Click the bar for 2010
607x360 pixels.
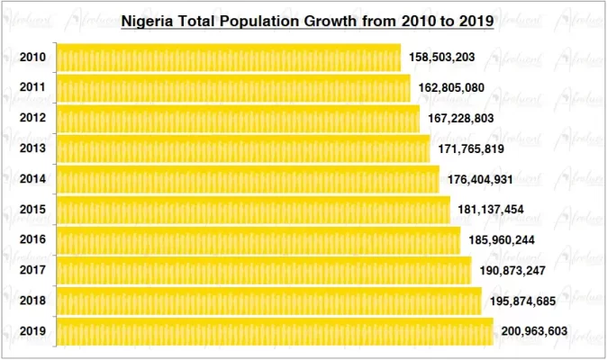[229, 58]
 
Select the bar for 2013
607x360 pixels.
[243, 148]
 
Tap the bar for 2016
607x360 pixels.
[258, 240]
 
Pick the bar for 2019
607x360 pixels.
[275, 331]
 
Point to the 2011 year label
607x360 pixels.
[33, 88]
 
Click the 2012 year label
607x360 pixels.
[33, 119]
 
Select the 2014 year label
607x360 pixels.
[33, 179]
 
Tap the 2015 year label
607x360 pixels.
[33, 210]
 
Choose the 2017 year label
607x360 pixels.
[33, 271]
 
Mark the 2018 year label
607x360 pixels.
[33, 301]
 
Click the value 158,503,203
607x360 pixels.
[443, 58]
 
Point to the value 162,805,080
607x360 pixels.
[453, 88]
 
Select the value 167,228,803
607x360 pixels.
[462, 119]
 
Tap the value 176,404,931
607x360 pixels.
[482, 179]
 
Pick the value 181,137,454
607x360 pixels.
[493, 210]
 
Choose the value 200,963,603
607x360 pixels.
[535, 331]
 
